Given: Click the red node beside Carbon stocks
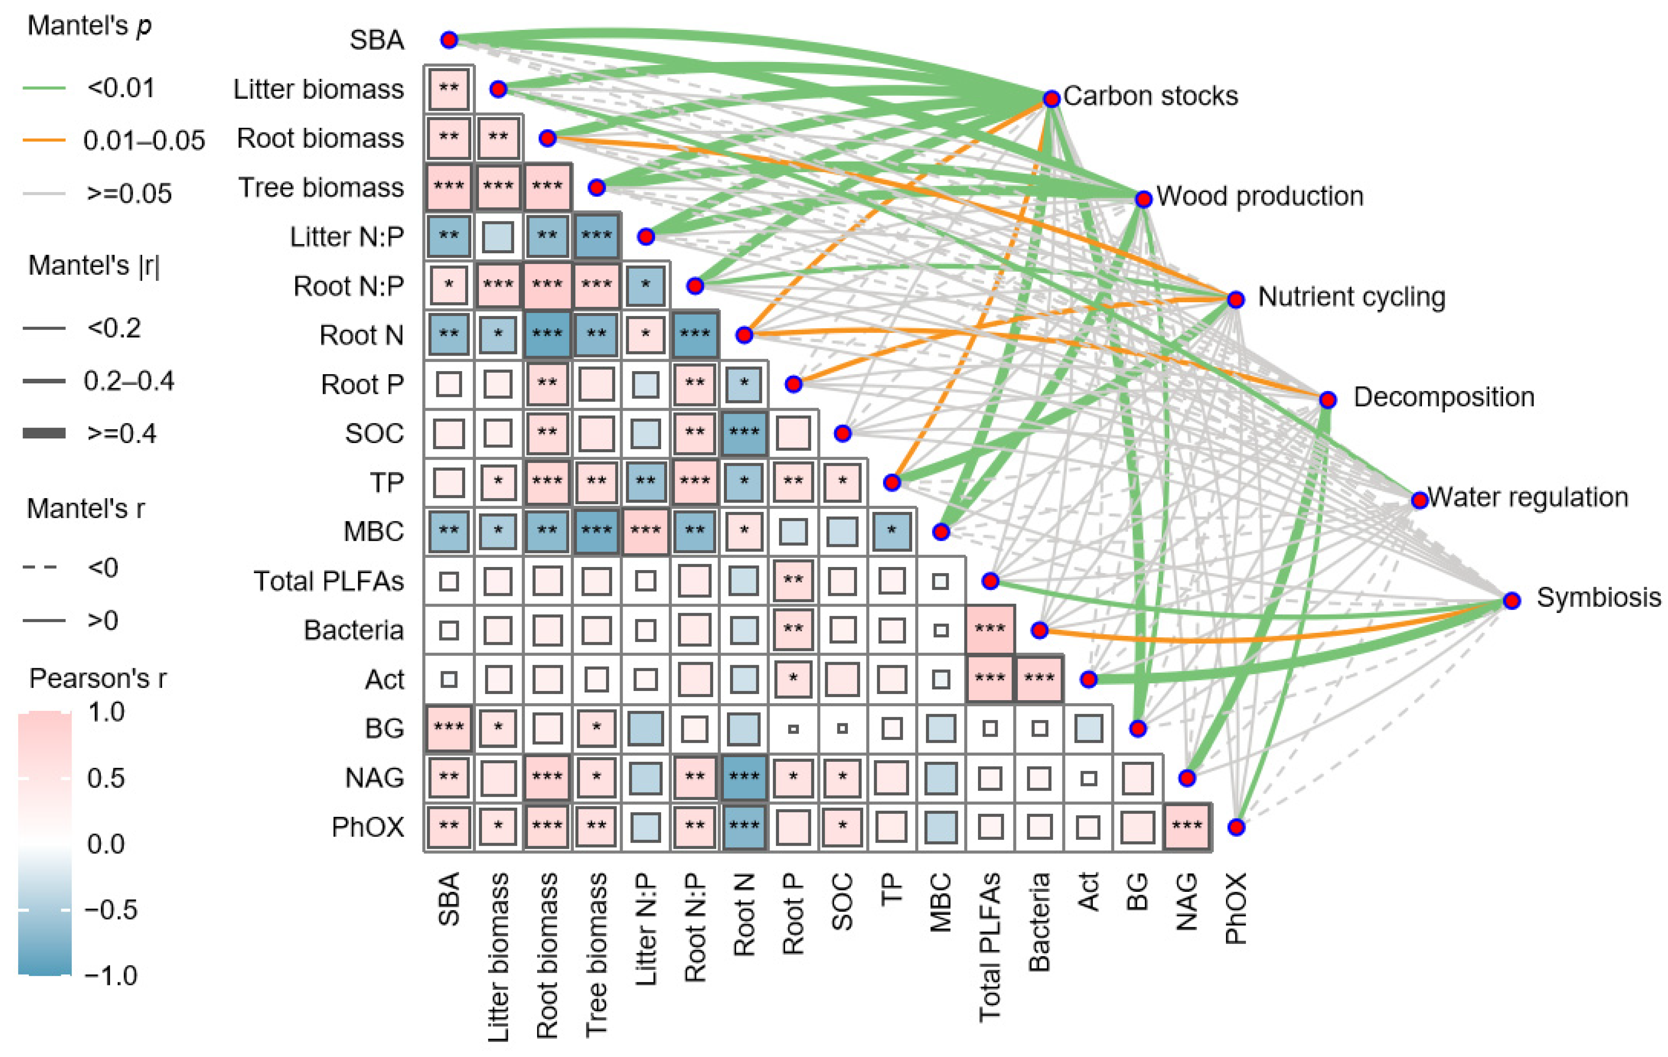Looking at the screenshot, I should [x=1051, y=99].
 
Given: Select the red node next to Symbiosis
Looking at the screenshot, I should [x=1511, y=600].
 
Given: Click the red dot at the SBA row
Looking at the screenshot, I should [x=449, y=40].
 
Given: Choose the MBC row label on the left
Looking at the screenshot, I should [x=373, y=531].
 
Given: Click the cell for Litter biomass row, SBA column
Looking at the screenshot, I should [x=449, y=89].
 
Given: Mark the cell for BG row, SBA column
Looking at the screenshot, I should [x=449, y=727].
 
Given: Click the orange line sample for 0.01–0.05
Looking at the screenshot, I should [x=44, y=140].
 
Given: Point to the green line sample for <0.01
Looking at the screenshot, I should [x=44, y=88].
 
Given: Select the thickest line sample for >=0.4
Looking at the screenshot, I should [x=44, y=433].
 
